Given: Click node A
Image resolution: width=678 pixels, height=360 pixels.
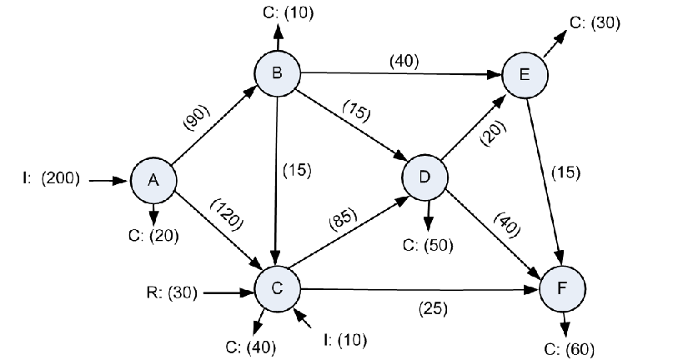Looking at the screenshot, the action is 153,180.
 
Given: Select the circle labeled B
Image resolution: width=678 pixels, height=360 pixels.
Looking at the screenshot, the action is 277,73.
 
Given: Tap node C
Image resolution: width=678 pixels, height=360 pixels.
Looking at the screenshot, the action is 277,287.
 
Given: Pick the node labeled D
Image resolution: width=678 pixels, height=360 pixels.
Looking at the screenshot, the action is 424,177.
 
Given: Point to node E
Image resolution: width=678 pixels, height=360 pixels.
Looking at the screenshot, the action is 525,75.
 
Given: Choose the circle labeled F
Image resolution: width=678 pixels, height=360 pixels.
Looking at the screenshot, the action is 563,287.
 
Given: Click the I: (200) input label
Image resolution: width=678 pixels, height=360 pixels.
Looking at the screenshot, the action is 51,178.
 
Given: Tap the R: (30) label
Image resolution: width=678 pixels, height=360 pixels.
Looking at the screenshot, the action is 172,293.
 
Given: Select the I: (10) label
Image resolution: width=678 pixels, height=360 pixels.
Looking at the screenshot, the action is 345,340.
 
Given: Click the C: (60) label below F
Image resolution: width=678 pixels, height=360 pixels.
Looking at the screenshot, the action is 569,349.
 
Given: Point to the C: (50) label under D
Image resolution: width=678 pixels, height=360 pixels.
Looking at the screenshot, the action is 428,246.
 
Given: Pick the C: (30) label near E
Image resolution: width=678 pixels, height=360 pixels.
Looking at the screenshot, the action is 595,22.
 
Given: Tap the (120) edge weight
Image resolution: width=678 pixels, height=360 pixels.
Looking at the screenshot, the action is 226,215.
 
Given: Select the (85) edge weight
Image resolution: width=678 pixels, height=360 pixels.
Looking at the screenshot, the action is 344,219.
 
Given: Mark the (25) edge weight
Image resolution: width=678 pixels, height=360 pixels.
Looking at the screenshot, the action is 433,308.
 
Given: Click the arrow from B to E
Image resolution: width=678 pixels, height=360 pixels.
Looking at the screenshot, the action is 401,74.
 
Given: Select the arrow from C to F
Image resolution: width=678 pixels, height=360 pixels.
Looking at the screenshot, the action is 419,289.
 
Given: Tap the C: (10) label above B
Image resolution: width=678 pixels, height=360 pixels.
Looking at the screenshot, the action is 288,12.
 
